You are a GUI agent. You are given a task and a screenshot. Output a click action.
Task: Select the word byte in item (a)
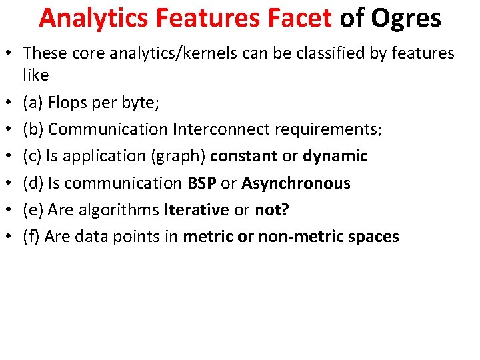[x=141, y=103]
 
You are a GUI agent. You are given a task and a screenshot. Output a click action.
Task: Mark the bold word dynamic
[x=335, y=156]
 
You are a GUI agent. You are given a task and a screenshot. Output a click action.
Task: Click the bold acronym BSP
[x=203, y=183]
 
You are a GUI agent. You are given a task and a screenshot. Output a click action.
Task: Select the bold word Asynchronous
[x=296, y=183]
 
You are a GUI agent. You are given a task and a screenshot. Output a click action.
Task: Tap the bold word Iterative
[x=196, y=209]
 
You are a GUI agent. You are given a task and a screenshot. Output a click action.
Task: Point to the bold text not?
[x=271, y=209]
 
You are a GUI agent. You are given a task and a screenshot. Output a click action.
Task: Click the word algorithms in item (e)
[x=120, y=209]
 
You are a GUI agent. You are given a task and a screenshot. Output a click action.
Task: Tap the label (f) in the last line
[x=31, y=236]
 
